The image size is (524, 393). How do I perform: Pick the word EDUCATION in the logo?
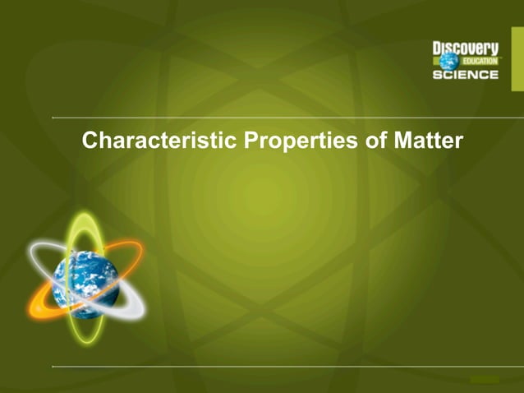click(480, 62)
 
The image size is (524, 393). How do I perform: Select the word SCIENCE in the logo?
click(466, 75)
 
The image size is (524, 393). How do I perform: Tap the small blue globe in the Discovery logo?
click(448, 61)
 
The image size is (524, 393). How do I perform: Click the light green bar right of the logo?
click(517, 62)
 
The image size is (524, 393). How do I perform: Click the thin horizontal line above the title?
click(287, 118)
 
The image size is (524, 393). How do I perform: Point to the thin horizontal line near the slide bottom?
click(287, 366)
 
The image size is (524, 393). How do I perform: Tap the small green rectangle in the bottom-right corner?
click(485, 379)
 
